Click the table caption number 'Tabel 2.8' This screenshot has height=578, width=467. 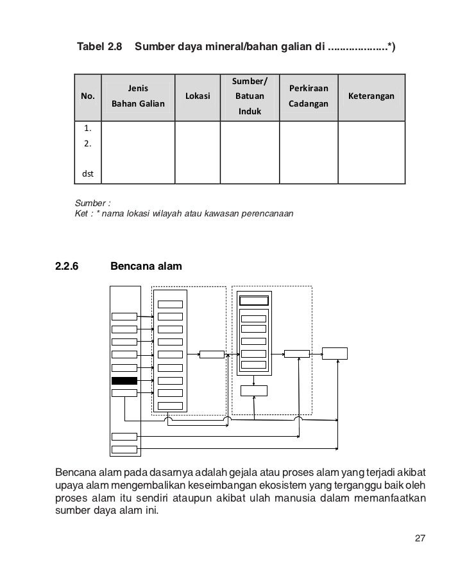point(99,47)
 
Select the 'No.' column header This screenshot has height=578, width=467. point(87,96)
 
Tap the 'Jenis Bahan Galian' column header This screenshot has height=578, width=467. point(138,96)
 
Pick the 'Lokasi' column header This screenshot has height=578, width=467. point(198,96)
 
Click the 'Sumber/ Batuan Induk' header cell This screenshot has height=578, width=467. point(250,96)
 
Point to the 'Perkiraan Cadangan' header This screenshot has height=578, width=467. point(309,96)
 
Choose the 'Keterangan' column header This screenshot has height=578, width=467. point(371,96)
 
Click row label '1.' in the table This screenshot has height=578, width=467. point(87,130)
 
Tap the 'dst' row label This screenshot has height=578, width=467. point(87,173)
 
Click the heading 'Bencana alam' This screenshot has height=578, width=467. point(146,265)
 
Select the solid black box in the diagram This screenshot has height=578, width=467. point(124,381)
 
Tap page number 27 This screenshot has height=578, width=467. point(420,538)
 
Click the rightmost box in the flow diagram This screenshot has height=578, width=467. point(335,353)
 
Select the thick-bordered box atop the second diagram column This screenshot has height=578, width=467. point(253,301)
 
